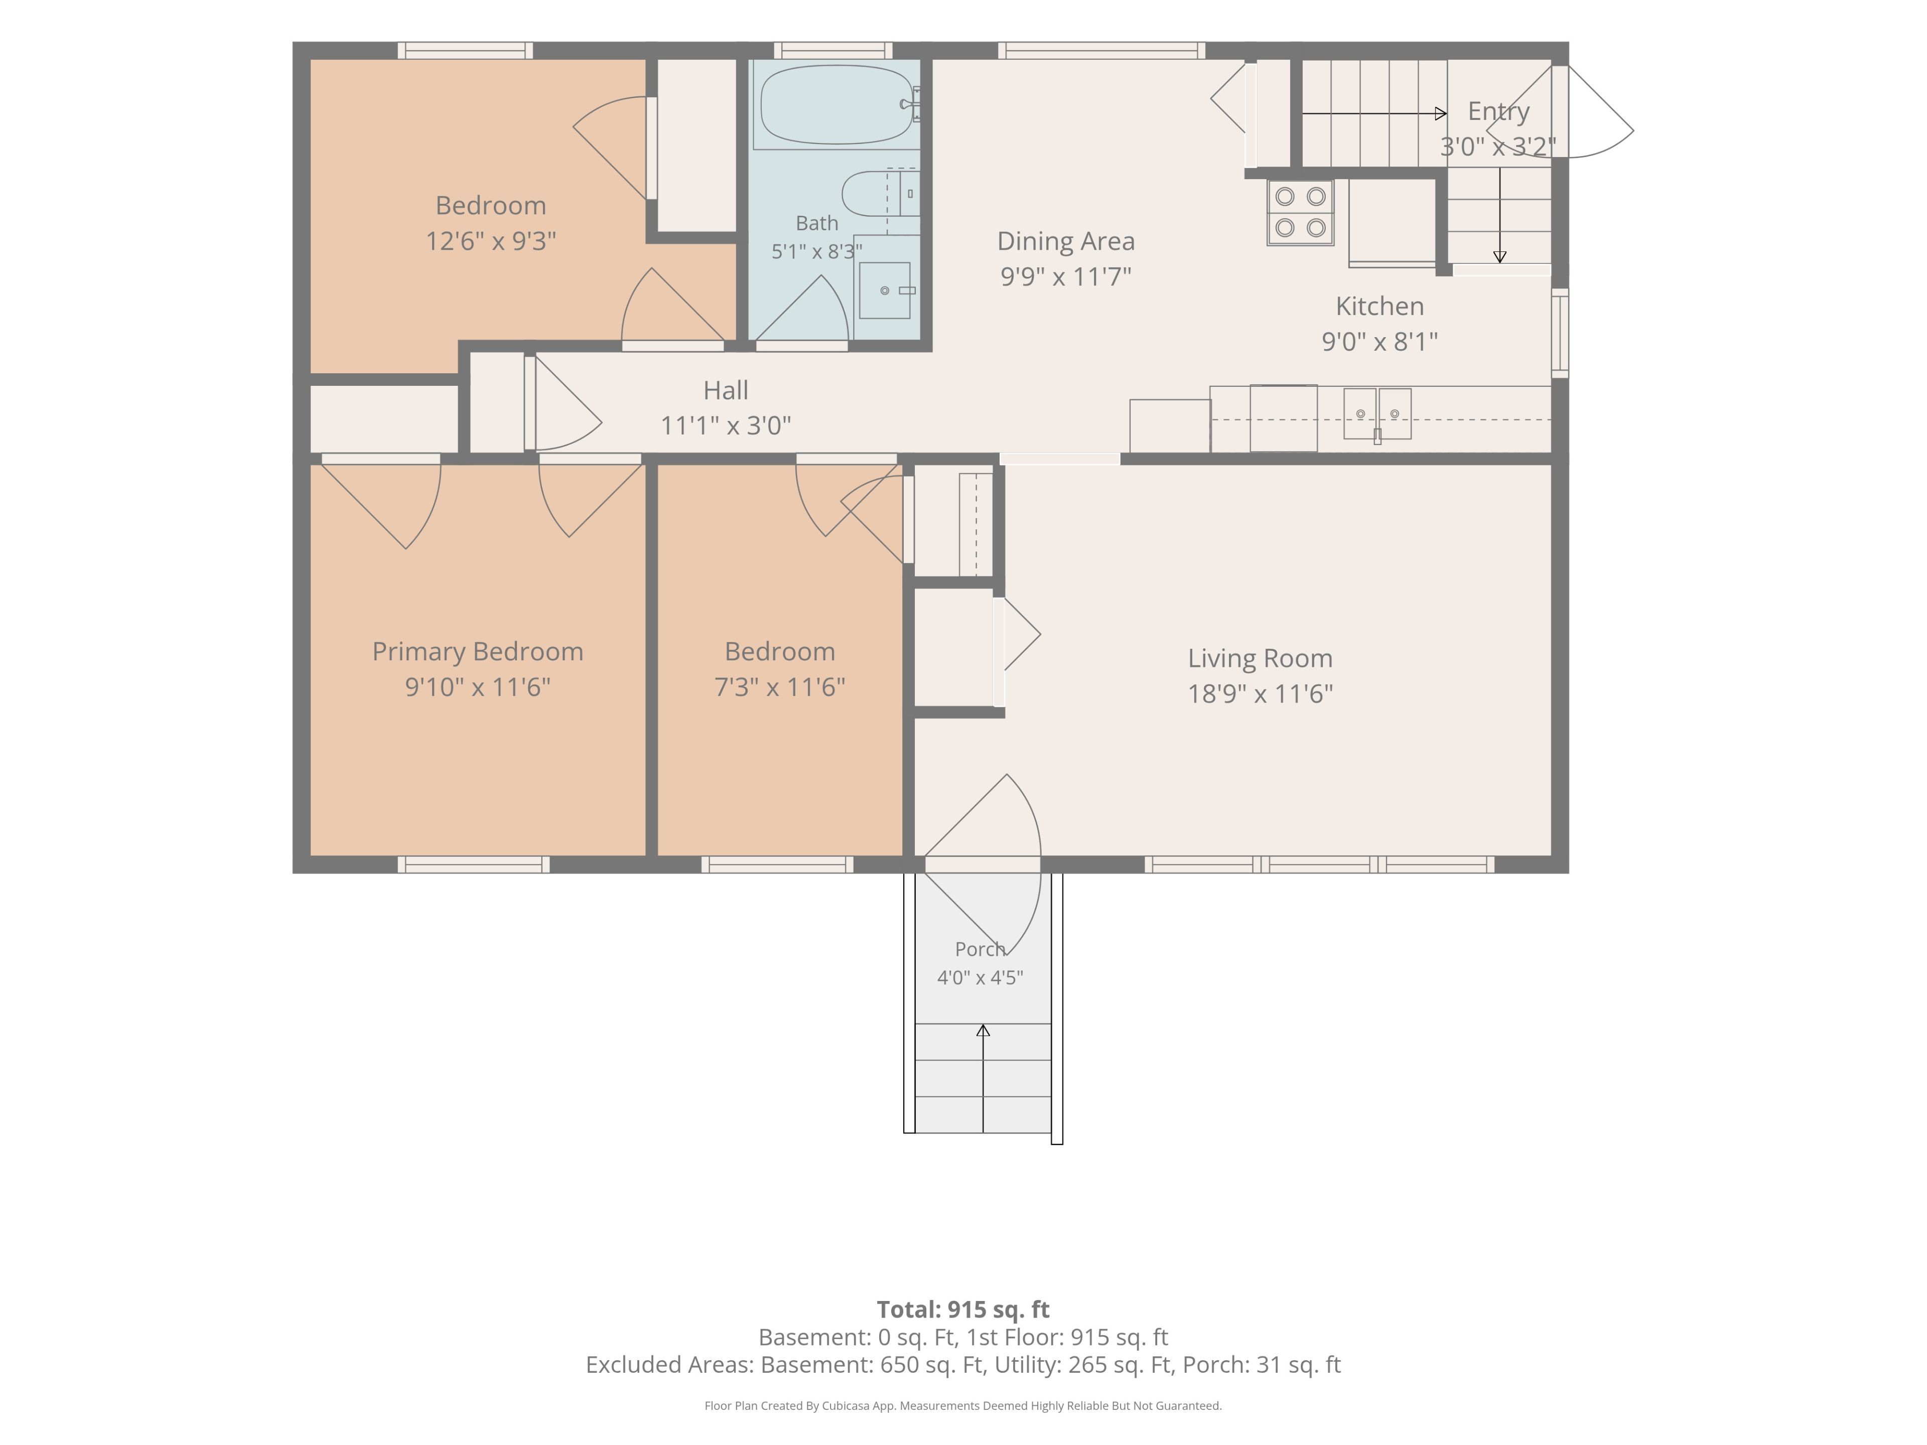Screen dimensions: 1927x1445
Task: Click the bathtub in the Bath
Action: tap(837, 104)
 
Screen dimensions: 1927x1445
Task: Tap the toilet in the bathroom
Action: tap(880, 193)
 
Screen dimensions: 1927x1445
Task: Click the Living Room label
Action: tap(1260, 658)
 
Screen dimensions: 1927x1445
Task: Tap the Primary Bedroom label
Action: tap(477, 652)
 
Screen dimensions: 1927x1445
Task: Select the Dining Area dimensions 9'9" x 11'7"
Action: tap(1065, 276)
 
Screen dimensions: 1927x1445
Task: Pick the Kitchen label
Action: tap(1380, 306)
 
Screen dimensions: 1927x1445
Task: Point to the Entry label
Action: tap(1498, 111)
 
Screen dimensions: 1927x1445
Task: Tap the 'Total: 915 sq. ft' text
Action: tap(962, 1309)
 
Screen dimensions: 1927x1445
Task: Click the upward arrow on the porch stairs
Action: tap(983, 1078)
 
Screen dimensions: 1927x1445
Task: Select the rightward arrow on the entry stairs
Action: tap(1374, 113)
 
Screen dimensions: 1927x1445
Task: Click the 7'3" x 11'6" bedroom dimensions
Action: tap(780, 687)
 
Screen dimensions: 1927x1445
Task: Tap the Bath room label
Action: tap(817, 223)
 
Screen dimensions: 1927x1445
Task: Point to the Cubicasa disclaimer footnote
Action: tap(962, 1405)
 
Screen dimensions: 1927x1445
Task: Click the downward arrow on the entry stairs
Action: tap(1499, 215)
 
